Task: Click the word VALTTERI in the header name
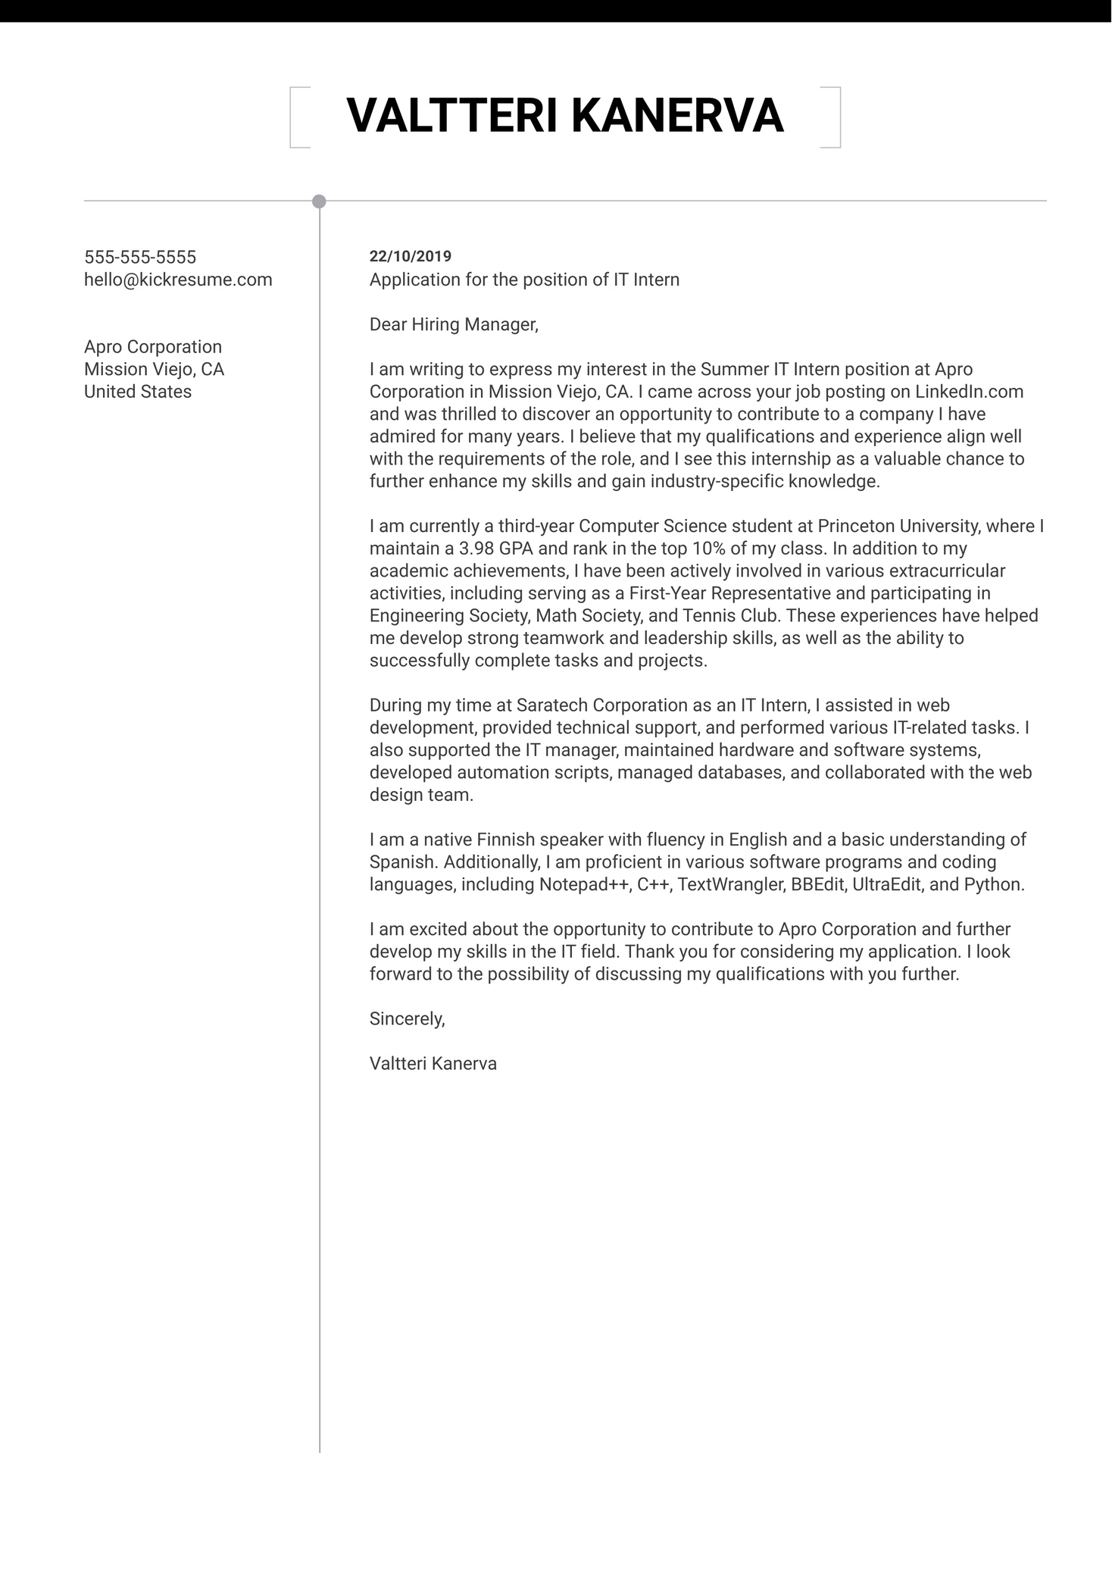(451, 116)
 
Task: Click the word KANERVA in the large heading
(676, 116)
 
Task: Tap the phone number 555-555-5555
(140, 257)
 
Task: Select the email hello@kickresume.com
(178, 280)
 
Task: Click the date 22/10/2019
(410, 257)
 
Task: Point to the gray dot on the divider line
(319, 202)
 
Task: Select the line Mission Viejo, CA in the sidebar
(154, 369)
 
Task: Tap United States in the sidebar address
(138, 392)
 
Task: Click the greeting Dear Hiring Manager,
(454, 324)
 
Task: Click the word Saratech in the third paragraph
(551, 705)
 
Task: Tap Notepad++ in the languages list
(585, 884)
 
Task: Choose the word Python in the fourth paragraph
(992, 884)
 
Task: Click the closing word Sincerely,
(407, 1019)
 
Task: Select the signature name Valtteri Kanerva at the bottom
(433, 1064)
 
